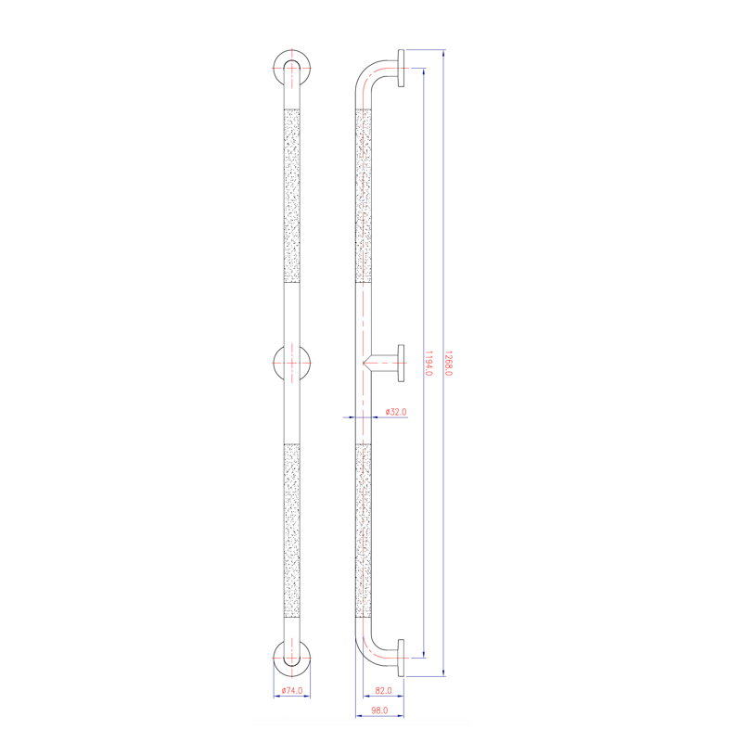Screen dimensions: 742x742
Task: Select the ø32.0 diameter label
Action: coord(396,411)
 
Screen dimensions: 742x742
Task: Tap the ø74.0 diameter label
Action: coord(291,690)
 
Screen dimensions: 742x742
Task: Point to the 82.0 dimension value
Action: coord(383,690)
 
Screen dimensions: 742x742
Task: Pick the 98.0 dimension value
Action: coord(377,710)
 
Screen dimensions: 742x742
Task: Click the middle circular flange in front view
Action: coord(291,362)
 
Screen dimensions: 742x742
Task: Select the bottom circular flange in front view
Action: coord(291,656)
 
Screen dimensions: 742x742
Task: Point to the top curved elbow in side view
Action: coord(369,78)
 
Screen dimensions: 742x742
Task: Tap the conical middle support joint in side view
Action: coord(379,362)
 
